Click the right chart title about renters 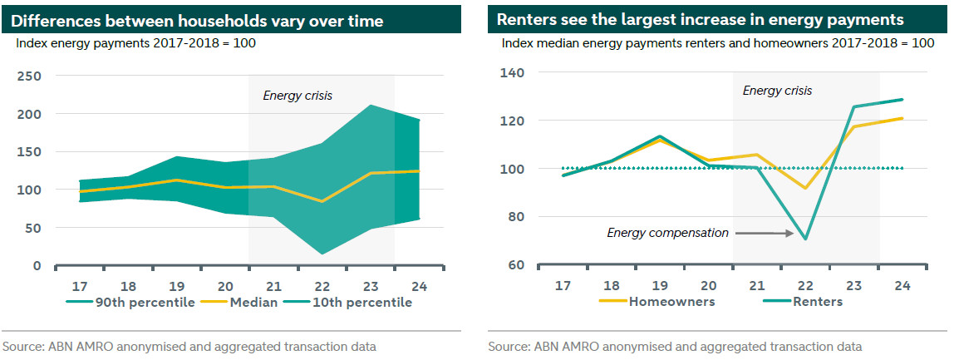[x=701, y=20]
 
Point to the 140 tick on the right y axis [x=513, y=73]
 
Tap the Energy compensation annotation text [x=667, y=233]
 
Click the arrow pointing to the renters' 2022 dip [x=763, y=234]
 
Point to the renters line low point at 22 [x=805, y=239]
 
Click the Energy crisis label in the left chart [x=298, y=96]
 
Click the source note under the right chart [x=675, y=346]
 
